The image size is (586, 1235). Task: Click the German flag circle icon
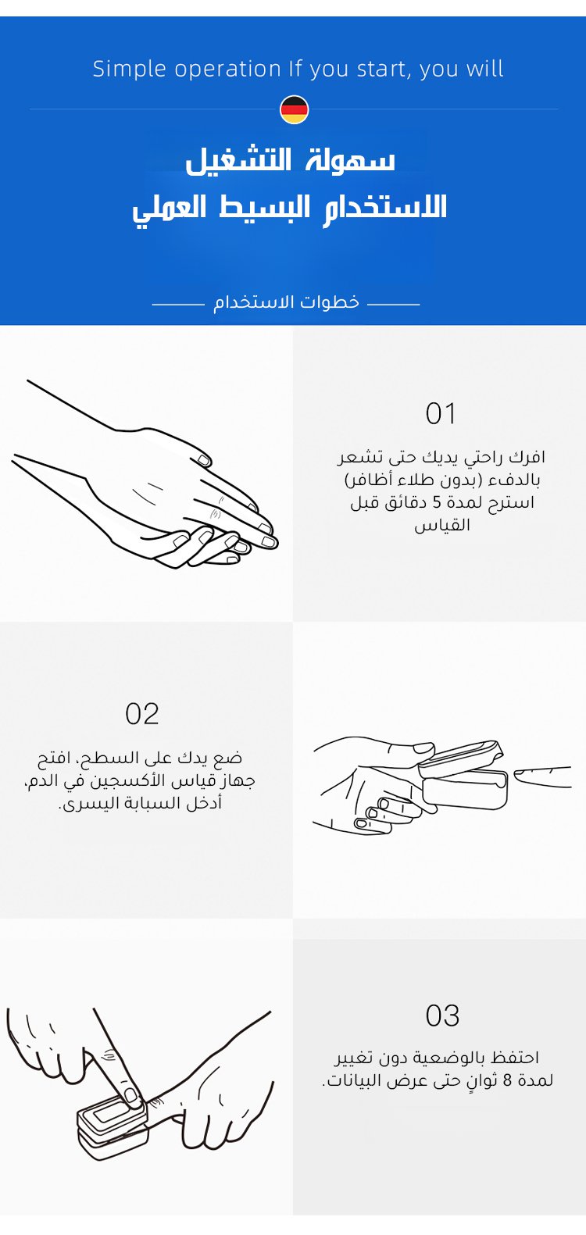tap(295, 109)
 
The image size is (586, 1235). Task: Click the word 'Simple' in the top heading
tap(129, 70)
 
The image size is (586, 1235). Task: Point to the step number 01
tap(441, 413)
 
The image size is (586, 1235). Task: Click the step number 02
tap(141, 714)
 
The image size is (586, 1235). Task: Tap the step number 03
tap(442, 1015)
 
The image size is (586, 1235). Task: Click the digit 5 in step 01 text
tap(437, 503)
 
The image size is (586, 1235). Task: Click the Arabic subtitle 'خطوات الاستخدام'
tap(286, 302)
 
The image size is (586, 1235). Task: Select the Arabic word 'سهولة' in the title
tap(359, 159)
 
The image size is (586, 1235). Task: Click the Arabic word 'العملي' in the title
tap(169, 208)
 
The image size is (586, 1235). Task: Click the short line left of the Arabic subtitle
tap(177, 304)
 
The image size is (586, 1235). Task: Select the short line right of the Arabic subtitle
tap(394, 304)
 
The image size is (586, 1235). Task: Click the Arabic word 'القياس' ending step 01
tap(442, 526)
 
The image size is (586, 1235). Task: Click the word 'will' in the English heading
tap(487, 69)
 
